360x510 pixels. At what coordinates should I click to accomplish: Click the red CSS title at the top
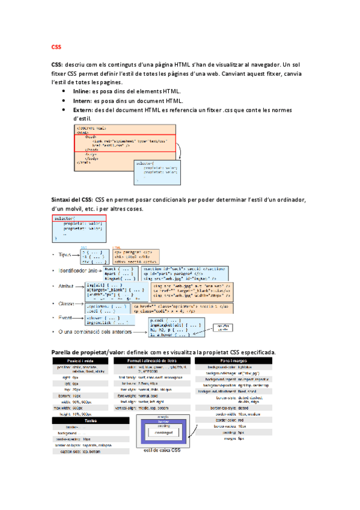(x=56, y=46)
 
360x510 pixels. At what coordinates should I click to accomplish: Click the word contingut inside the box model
(x=163, y=432)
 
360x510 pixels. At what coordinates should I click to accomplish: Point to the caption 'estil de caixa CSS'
(x=162, y=450)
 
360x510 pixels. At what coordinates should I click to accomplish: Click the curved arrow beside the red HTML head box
(x=180, y=153)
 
